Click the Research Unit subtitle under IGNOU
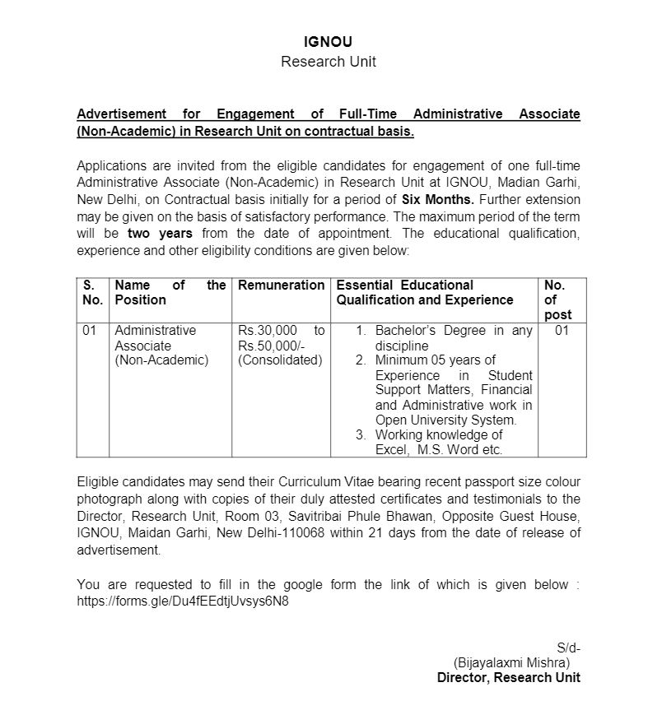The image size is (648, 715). coord(328,62)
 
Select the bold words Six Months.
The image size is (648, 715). coord(437,200)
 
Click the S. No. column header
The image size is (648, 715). coord(92,292)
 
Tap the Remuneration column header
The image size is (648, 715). coord(281,286)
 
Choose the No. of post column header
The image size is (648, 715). coord(557,300)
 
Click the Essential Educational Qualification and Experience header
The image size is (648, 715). coord(424,292)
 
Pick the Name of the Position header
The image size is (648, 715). coord(170,292)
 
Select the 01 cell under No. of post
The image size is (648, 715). coord(562,331)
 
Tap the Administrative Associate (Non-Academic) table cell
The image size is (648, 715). coord(161,345)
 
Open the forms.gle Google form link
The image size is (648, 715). coord(183,601)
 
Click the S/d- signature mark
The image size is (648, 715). coord(568,648)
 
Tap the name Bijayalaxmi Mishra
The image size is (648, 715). coord(511,662)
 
